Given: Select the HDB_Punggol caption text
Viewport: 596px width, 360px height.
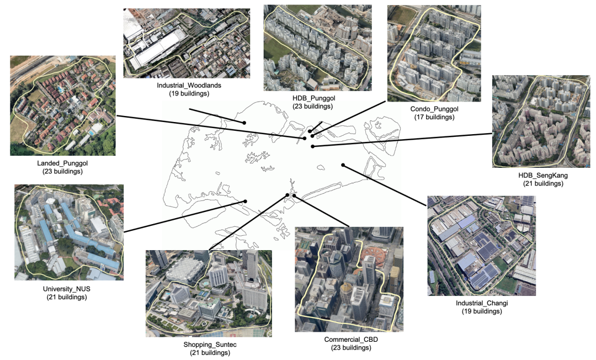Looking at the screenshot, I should tap(315, 98).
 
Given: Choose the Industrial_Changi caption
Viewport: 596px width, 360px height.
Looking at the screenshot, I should tap(481, 303).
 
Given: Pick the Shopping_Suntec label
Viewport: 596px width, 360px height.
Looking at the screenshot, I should tap(208, 344).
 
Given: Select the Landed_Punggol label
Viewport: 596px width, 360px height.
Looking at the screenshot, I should tap(62, 163).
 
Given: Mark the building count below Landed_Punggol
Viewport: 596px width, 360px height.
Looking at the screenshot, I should tap(62, 171).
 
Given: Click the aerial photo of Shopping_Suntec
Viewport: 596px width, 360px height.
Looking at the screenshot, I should tap(208, 293).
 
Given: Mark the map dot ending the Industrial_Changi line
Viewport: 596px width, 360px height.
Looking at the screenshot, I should tap(343, 165).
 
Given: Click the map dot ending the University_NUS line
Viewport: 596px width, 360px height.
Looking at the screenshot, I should tap(246, 202).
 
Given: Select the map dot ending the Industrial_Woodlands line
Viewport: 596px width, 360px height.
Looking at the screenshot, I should tap(244, 121).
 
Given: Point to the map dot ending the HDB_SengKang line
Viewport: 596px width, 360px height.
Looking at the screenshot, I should tap(312, 146).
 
